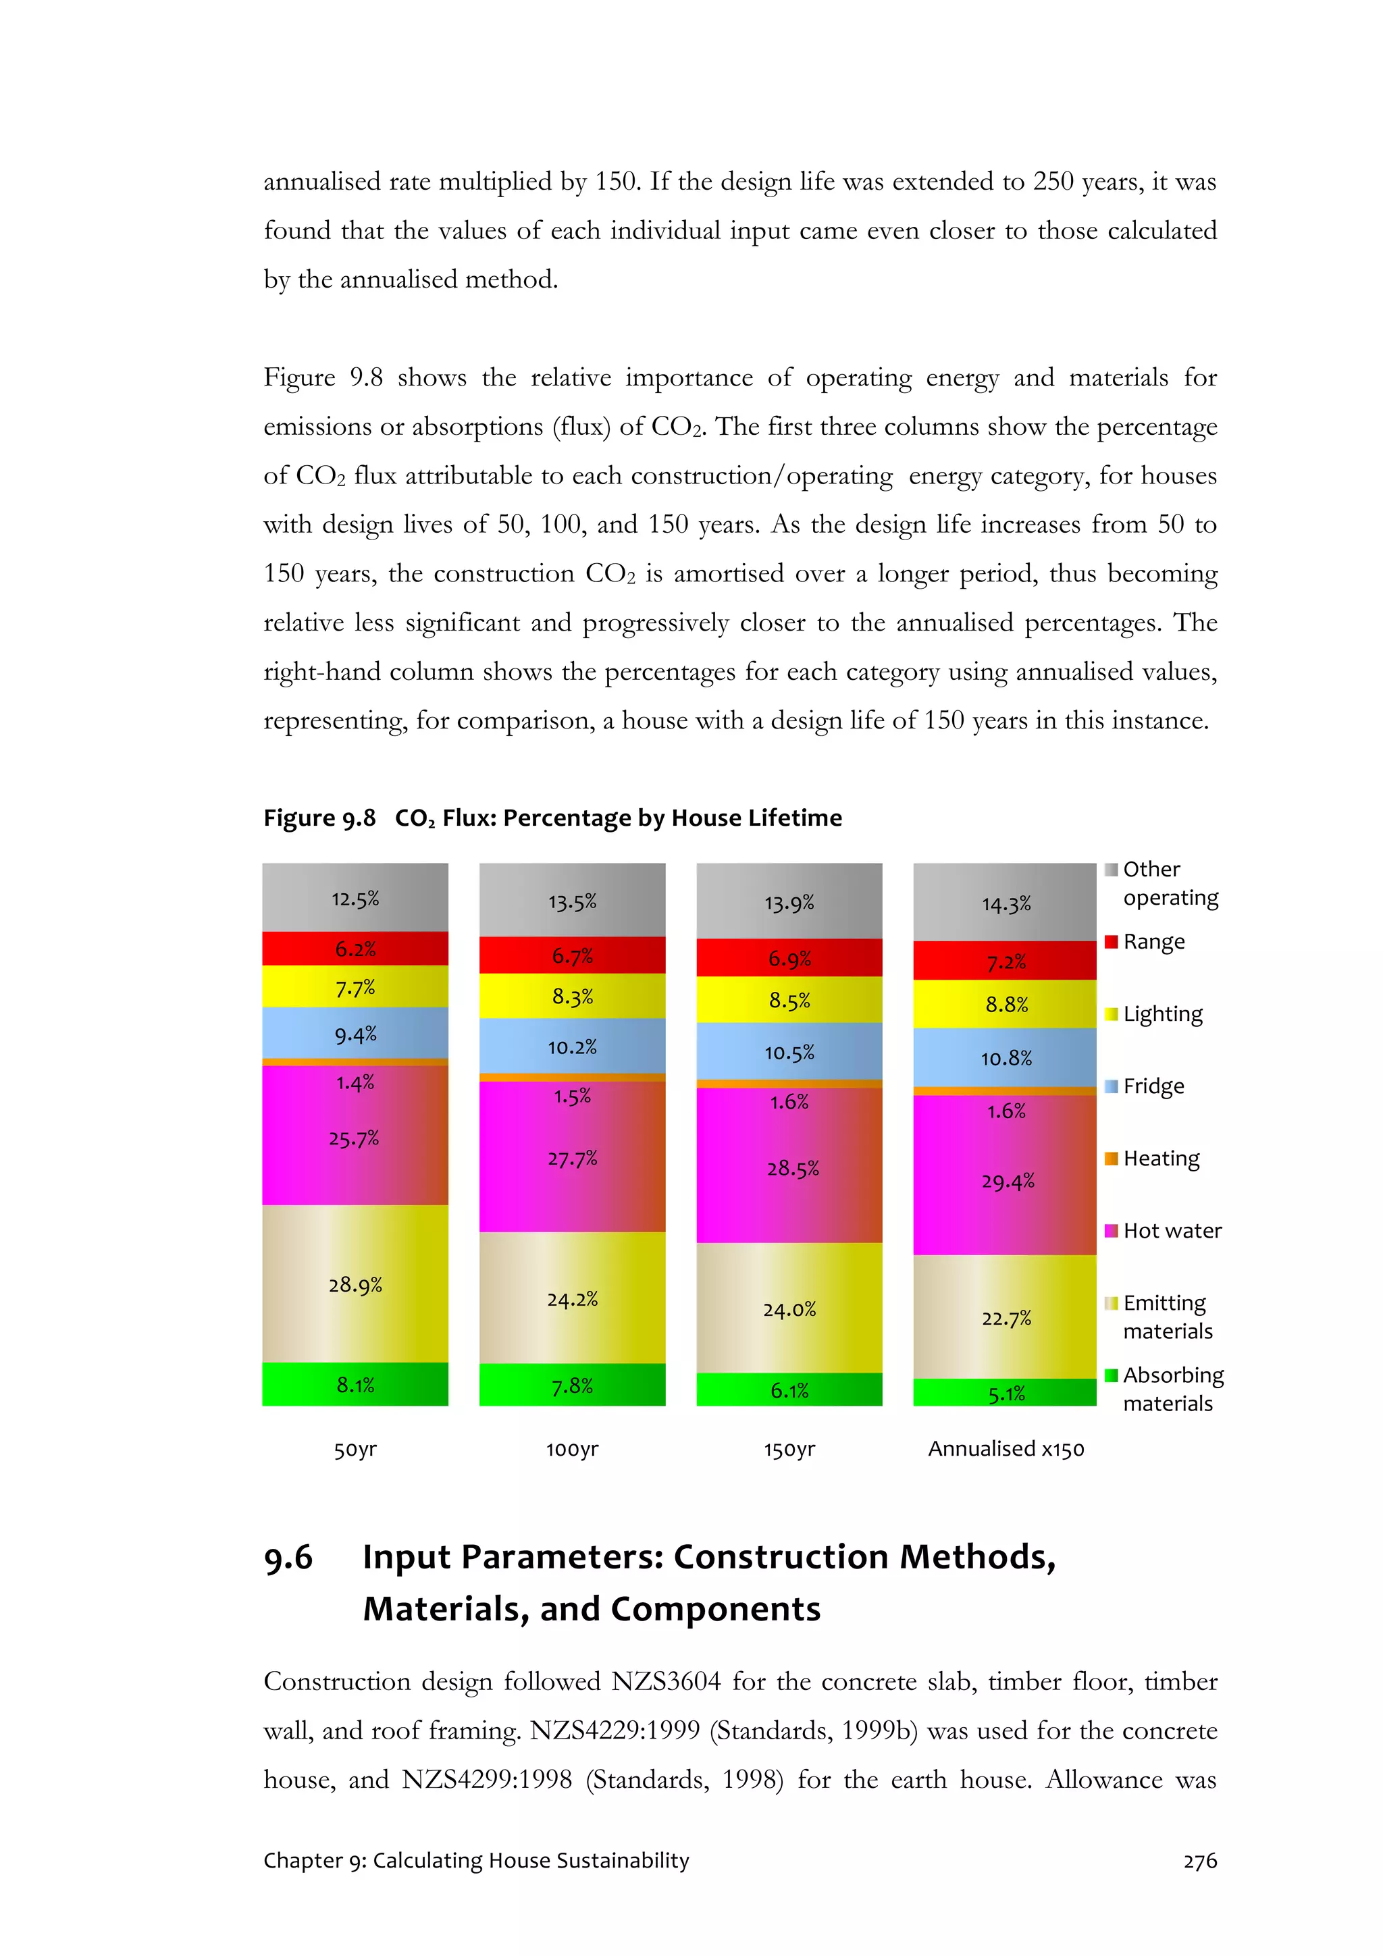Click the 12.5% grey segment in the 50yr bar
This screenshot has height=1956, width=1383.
tap(355, 898)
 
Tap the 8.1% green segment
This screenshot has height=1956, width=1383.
tap(355, 1384)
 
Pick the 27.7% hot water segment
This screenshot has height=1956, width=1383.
tap(572, 1158)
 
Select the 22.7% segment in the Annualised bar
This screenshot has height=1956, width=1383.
tap(1006, 1318)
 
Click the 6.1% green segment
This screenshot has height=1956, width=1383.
tap(789, 1390)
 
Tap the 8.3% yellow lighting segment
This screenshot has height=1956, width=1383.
tap(572, 996)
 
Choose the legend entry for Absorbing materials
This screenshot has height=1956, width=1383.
tap(1172, 1389)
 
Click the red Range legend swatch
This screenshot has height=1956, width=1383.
tap(1111, 941)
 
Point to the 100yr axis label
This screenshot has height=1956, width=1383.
tap(572, 1449)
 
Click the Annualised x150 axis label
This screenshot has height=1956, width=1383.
tap(1006, 1448)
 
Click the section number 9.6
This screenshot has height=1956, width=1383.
tap(288, 1557)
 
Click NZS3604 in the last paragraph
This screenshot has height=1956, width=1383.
tap(666, 1682)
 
